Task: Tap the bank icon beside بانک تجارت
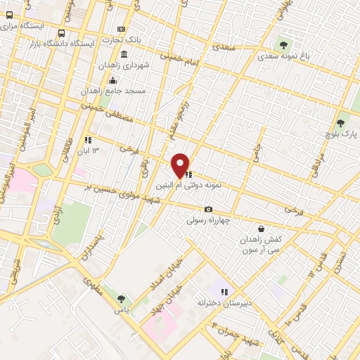point(122,29)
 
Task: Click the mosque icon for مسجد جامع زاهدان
point(113,80)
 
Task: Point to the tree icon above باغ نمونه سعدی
point(283,44)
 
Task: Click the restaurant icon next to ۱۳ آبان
point(89,140)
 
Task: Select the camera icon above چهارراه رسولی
point(208,210)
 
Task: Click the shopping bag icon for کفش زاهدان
point(262,228)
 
